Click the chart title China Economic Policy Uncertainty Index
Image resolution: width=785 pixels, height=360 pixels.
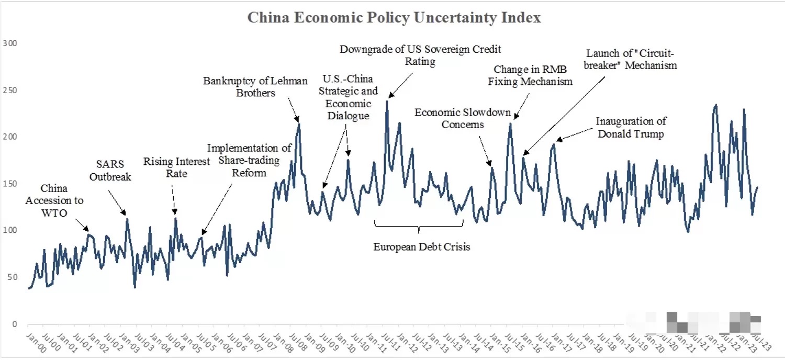(394, 18)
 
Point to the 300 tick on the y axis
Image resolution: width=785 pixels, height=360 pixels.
(10, 43)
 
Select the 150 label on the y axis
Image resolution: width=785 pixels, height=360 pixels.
(10, 184)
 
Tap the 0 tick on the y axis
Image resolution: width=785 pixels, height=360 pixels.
(14, 324)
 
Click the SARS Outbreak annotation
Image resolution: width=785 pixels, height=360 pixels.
(110, 171)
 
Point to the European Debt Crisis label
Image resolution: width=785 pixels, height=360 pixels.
(422, 246)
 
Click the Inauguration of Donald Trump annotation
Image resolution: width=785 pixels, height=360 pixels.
(631, 127)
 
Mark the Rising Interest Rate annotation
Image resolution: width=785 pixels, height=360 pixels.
(176, 167)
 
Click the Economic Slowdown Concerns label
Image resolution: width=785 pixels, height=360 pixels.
(463, 118)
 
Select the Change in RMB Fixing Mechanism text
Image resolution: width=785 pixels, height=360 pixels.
(533, 75)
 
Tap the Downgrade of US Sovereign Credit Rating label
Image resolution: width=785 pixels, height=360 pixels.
(420, 55)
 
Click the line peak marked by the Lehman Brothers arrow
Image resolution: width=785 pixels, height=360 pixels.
(299, 124)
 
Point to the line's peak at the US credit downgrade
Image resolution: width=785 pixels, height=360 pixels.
(387, 100)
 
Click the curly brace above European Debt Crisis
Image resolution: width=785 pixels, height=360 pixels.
(419, 226)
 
